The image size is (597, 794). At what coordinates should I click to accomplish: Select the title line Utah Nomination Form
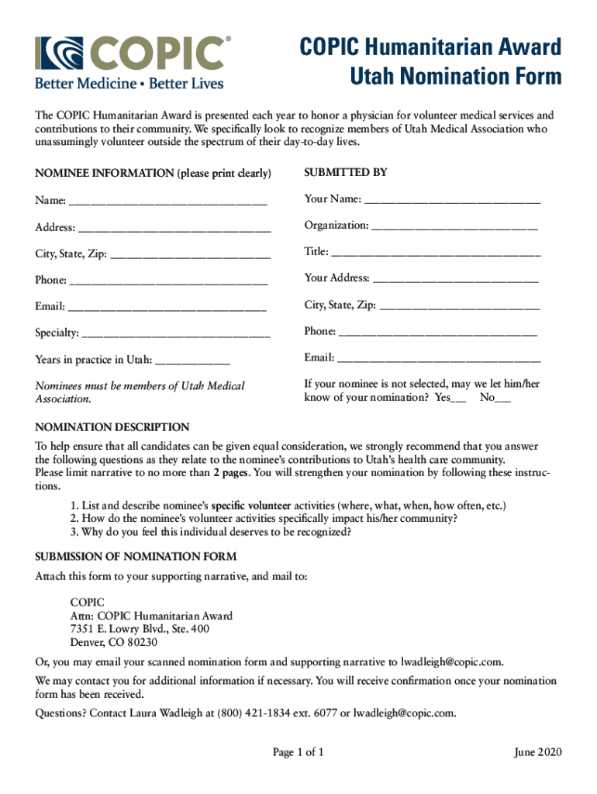click(x=455, y=76)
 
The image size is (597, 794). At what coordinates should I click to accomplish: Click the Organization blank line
click(x=454, y=226)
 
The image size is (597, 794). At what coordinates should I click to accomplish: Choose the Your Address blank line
click(x=455, y=279)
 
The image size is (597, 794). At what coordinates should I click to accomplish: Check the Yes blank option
click(x=458, y=399)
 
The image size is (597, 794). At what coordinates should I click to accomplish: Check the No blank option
click(x=503, y=399)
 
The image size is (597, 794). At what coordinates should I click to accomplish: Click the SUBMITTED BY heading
click(x=345, y=172)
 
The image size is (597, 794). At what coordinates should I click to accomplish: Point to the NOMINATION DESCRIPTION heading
click(x=112, y=427)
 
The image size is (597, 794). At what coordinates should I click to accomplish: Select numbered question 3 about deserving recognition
click(x=211, y=532)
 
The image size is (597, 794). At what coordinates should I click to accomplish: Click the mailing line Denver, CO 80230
click(x=114, y=642)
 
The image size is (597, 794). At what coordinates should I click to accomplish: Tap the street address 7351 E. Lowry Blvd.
click(x=122, y=629)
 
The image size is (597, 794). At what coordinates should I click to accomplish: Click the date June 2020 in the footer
click(x=538, y=752)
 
